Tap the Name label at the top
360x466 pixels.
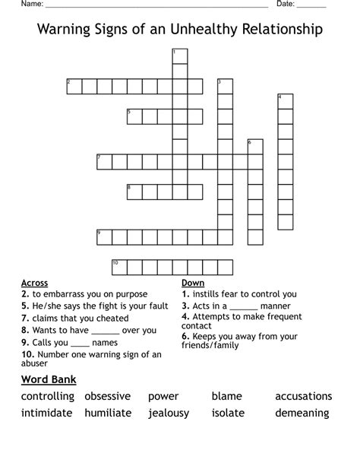pos(31,4)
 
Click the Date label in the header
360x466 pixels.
pos(286,4)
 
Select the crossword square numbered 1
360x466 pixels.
pos(180,55)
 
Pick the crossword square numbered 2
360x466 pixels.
pos(74,86)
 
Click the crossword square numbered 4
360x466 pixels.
pos(285,101)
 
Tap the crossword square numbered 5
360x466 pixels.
pos(134,116)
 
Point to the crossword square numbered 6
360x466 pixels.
pos(254,147)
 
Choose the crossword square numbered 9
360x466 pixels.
pos(104,237)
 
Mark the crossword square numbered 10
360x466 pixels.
pos(119,267)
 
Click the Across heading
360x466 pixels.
pos(35,283)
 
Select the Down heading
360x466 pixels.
pos(193,283)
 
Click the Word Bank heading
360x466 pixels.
pos(49,379)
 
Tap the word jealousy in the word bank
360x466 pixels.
pos(169,413)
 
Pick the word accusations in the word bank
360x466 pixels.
pos(303,396)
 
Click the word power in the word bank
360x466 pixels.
pos(163,396)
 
